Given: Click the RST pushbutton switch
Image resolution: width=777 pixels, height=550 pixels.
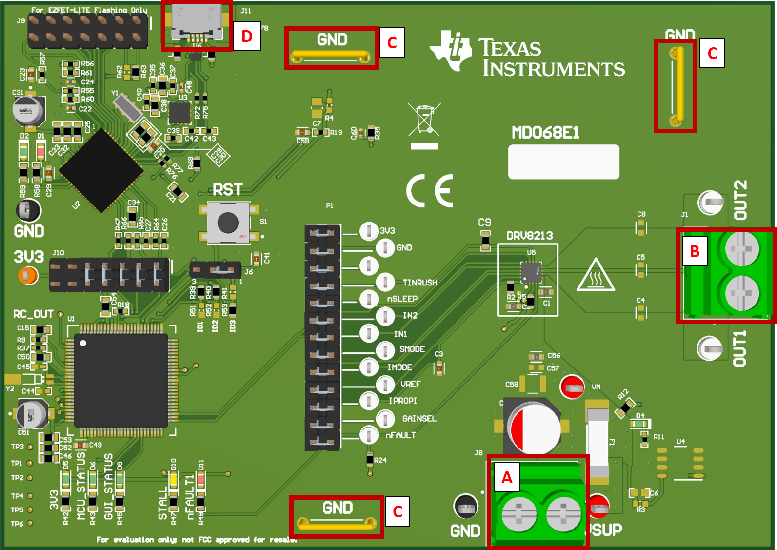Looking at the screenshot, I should pos(228,223).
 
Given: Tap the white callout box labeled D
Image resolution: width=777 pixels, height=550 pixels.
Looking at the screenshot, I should pos(247,36).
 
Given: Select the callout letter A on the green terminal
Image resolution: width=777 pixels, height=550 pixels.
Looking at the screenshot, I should pos(507,477).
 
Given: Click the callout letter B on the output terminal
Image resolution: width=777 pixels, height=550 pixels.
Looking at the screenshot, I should pos(695,251).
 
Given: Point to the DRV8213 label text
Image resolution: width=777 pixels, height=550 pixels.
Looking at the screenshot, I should pos(530,236).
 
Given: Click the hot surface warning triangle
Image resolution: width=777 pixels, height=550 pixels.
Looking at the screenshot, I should pos(596,275).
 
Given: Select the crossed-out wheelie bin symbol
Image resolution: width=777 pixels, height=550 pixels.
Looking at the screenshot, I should pos(424,120).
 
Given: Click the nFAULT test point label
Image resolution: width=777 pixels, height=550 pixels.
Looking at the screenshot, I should pos(401,435).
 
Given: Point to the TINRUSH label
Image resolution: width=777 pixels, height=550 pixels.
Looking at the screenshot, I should pos(419,283).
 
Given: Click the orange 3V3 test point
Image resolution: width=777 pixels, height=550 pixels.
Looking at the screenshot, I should pos(28,276).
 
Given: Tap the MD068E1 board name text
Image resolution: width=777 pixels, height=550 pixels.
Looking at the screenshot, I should pos(545,133).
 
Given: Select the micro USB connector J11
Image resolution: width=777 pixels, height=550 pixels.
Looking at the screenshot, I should pos(197,23).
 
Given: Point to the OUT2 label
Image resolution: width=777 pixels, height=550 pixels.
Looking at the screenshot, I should pos(740,200).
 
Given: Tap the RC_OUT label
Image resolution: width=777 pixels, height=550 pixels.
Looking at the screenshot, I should pos(33,314).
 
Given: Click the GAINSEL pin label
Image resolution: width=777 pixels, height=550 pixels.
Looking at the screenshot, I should pos(419,419).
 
